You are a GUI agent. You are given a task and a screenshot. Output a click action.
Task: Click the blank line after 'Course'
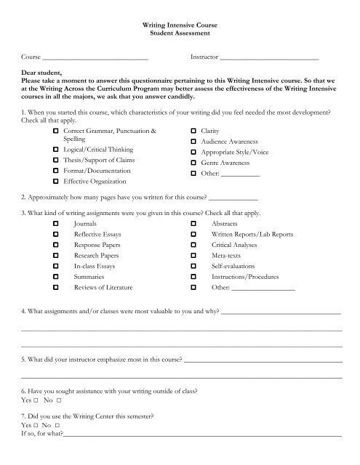pos(95,57)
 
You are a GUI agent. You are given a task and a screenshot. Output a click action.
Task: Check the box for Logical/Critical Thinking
pos(56,148)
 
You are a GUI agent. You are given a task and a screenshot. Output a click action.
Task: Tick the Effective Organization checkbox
pos(56,181)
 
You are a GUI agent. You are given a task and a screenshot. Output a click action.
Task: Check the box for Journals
pos(56,226)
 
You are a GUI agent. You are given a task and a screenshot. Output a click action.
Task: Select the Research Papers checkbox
pos(56,257)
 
